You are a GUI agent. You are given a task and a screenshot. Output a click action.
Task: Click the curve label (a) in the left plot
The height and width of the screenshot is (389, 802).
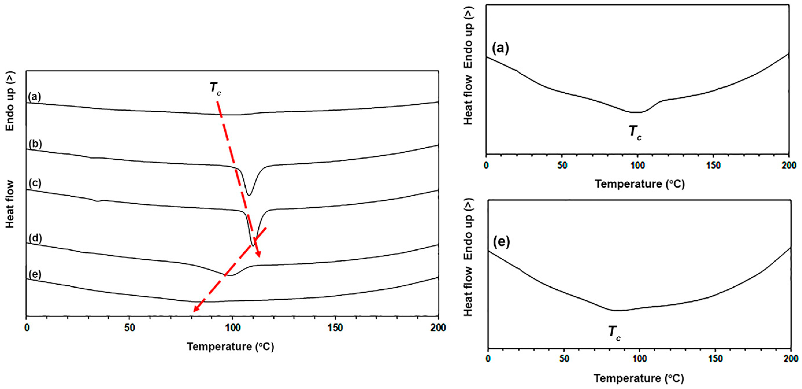point(35,97)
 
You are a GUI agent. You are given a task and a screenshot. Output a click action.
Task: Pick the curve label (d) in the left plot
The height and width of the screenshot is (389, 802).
point(35,238)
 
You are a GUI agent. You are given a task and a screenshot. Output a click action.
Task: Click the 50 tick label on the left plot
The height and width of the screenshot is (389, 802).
point(130,328)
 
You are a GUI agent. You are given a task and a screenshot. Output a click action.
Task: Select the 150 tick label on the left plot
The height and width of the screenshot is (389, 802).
point(335,328)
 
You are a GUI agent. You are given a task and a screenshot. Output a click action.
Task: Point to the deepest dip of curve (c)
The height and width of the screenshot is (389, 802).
point(252,245)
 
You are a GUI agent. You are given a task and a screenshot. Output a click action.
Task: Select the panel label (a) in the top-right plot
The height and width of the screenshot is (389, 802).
point(500,49)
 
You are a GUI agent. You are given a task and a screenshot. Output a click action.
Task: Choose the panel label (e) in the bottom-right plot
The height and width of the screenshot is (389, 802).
point(502,242)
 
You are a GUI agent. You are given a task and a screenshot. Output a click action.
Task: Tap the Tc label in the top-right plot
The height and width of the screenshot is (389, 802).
point(635,132)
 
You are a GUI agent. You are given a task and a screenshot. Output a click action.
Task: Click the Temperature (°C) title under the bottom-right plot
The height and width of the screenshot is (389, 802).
point(639,378)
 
